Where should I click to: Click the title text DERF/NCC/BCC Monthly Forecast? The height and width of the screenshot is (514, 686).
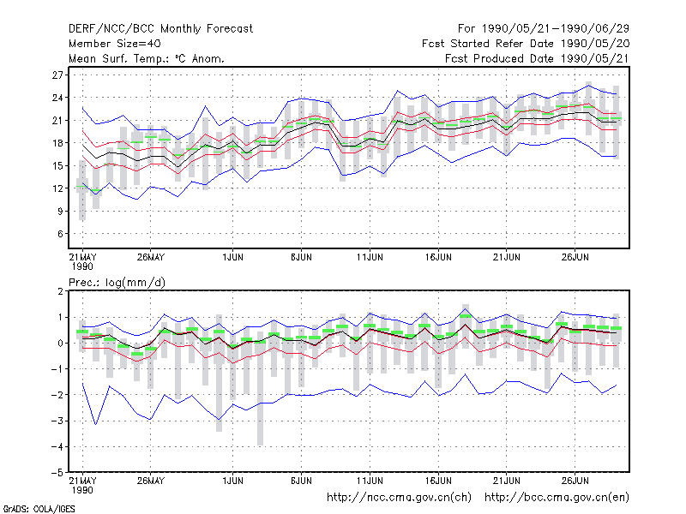(160, 29)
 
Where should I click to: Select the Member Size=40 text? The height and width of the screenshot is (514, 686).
(115, 44)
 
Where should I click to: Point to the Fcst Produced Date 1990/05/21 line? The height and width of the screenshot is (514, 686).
(537, 58)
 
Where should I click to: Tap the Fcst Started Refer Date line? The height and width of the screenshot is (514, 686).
(526, 44)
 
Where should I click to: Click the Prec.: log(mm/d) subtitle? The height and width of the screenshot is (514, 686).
(117, 283)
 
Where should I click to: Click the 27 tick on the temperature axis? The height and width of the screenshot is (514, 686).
(57, 75)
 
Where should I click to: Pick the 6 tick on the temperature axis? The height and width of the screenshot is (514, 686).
(60, 234)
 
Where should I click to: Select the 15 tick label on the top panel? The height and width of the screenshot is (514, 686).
(57, 165)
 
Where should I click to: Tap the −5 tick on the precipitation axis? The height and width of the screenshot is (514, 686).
(57, 473)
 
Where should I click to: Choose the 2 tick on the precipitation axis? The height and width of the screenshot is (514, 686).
(60, 291)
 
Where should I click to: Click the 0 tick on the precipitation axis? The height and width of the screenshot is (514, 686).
(60, 344)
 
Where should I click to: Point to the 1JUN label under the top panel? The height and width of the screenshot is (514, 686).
(232, 257)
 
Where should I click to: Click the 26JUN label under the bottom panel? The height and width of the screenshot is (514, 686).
(575, 481)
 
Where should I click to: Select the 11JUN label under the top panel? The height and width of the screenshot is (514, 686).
(370, 257)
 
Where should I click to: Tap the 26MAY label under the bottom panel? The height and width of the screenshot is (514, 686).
(151, 481)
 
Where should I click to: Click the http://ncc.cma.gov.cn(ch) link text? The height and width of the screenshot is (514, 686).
(399, 498)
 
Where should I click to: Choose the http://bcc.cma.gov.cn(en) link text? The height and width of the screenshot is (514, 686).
(557, 498)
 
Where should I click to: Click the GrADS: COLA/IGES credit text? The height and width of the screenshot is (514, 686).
(39, 509)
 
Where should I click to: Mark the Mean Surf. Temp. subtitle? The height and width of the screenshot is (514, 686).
(147, 58)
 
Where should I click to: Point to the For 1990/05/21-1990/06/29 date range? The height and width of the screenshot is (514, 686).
(544, 29)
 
